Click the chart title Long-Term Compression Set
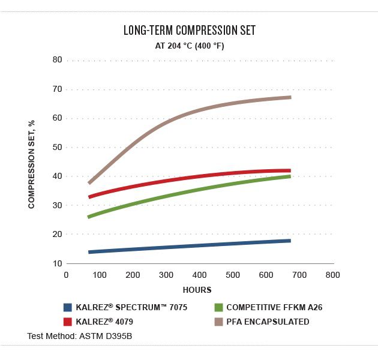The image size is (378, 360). pos(189,30)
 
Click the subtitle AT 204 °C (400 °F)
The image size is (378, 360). pos(189,46)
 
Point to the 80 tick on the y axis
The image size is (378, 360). pos(58,60)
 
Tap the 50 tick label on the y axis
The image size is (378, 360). pos(58,148)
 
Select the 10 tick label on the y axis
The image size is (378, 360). pos(58,263)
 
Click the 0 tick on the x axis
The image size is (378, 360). pos(67,275)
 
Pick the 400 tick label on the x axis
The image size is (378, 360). pos(199,275)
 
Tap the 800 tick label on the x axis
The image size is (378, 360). pos(332,275)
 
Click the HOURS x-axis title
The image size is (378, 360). pos(197,290)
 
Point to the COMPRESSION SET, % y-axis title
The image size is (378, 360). pos(32,163)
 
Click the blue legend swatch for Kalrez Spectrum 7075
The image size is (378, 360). pos(68,307)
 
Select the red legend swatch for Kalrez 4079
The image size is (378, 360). pos(68,322)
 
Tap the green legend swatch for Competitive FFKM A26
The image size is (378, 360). pos(218,307)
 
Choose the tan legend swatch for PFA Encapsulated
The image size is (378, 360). pos(218,322)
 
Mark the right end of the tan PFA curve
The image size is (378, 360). pos(290,97)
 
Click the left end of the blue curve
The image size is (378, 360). pos(89,252)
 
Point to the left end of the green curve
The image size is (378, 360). pos(89,216)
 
